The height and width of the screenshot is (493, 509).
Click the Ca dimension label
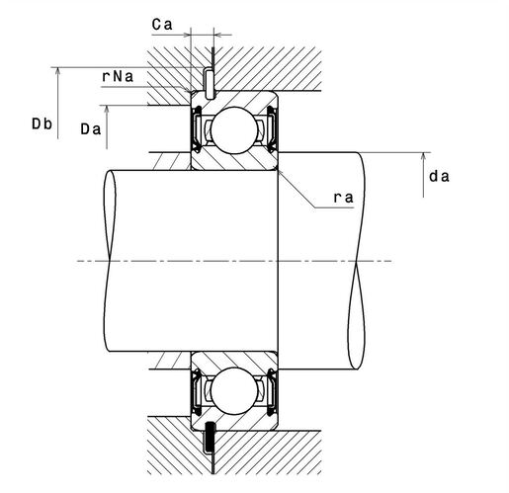162,25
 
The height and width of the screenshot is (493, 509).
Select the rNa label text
118,76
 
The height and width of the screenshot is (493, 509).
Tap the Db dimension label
42,123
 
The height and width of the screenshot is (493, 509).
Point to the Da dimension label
91,129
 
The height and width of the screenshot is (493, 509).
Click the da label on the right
439,177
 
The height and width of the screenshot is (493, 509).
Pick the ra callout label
344,198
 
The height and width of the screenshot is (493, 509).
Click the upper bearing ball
234,130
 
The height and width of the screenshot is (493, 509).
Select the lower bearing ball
234,391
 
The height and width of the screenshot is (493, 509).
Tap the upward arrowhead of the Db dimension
58,71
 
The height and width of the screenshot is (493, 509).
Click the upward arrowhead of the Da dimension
107,110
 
